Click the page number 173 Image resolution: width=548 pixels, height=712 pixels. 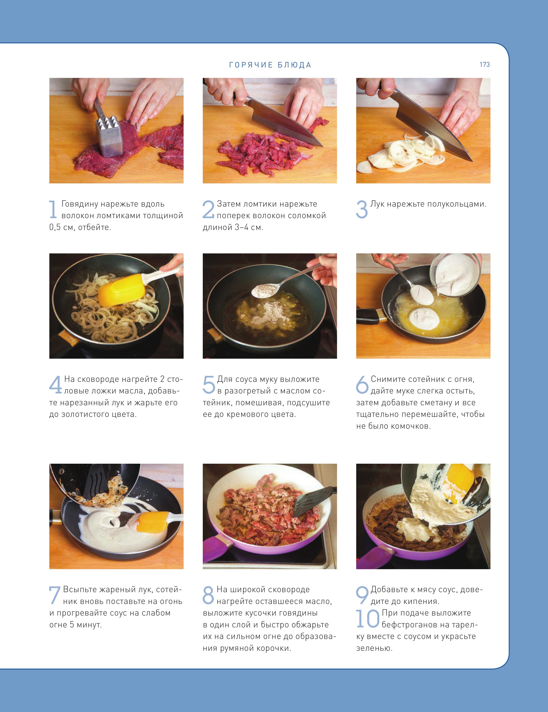click(x=484, y=64)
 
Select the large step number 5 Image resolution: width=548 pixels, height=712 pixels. click(x=209, y=384)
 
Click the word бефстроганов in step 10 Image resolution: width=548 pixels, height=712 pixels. click(x=412, y=625)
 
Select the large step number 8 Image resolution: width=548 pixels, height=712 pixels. click(x=208, y=595)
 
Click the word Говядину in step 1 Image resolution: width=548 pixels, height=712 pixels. click(x=80, y=204)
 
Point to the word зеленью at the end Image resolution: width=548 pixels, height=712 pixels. click(x=374, y=648)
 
